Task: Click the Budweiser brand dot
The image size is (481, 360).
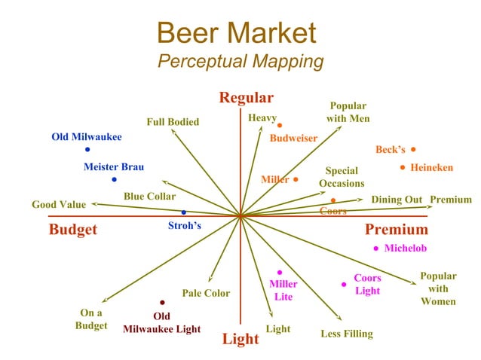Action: pos(279,125)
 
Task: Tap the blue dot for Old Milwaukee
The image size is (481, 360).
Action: pos(87,150)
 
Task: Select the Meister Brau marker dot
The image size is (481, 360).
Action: pos(114,179)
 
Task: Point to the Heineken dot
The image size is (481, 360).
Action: pos(403,167)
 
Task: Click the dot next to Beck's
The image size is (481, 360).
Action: pos(414,149)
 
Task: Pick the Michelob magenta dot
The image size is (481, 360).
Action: pos(375,249)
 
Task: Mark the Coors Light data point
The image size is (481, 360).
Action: pos(344,285)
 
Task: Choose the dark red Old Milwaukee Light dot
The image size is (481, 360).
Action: pos(162,303)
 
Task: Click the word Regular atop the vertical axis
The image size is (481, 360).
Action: pos(246,98)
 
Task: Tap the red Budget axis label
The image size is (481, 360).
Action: pos(73,230)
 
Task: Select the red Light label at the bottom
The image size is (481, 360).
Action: pos(240,339)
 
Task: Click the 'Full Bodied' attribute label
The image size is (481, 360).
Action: pos(173,122)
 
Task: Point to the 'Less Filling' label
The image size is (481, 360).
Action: pos(347,334)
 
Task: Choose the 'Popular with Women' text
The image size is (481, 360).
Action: pos(438,288)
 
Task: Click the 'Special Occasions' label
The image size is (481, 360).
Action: pos(342,177)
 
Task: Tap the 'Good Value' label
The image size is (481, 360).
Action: pos(59,204)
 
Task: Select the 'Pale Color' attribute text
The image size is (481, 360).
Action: pos(206,293)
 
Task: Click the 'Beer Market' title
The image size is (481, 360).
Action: pos(236,32)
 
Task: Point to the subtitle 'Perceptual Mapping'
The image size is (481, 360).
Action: pos(240,62)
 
